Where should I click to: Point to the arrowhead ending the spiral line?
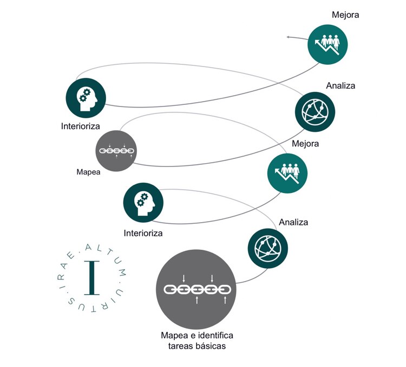click(289, 37)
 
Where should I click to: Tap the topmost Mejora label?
click(345, 15)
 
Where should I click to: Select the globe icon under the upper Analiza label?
click(315, 111)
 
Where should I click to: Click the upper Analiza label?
click(340, 85)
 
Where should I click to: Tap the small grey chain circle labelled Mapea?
click(116, 151)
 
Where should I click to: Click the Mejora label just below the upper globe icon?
click(305, 144)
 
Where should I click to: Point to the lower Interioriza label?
click(143, 233)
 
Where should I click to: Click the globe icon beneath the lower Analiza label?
click(268, 247)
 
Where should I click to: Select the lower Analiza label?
click(293, 222)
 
